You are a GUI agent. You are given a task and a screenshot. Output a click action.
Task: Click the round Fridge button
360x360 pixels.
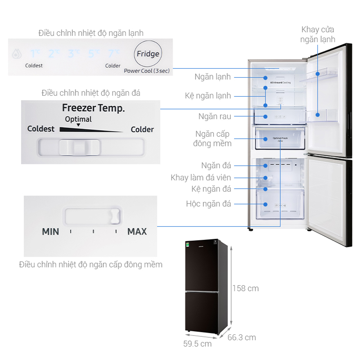(x=148, y=54)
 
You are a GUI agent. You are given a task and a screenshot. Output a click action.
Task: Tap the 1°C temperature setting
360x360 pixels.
(x=35, y=54)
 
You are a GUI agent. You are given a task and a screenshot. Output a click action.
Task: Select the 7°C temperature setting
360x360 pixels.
(x=113, y=54)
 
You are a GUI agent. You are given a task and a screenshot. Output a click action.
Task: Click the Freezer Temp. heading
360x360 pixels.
(x=93, y=108)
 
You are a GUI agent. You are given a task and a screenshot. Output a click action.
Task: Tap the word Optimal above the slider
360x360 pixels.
(x=78, y=119)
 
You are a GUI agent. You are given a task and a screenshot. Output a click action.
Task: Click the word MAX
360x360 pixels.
(x=137, y=231)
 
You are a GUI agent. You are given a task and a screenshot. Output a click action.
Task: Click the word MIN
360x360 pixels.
(x=50, y=231)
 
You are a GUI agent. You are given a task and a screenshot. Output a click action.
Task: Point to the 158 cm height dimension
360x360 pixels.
(x=245, y=288)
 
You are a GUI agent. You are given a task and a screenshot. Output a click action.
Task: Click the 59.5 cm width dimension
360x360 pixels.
(x=197, y=344)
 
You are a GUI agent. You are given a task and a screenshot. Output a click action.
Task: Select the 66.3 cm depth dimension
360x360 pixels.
(x=242, y=337)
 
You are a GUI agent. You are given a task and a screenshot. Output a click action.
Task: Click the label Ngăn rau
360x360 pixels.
(x=215, y=117)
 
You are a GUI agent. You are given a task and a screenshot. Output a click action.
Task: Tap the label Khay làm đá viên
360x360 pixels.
(x=201, y=177)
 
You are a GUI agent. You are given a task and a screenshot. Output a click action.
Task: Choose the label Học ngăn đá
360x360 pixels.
(x=208, y=204)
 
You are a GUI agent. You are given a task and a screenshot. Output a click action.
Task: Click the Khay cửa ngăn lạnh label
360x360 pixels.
(x=318, y=34)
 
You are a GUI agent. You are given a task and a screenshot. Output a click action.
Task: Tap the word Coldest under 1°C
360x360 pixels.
(x=34, y=66)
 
